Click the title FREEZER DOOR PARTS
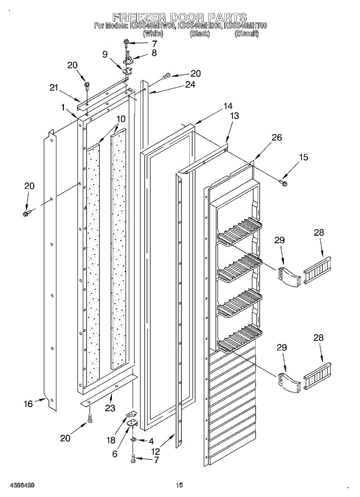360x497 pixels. [x=180, y=17]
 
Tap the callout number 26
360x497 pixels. [x=277, y=138]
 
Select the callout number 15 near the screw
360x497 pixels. [x=304, y=157]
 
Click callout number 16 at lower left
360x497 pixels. [x=28, y=403]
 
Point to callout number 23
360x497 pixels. [x=110, y=408]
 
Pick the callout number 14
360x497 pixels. [x=228, y=106]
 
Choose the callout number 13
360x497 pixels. [x=234, y=116]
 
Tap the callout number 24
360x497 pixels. [x=190, y=84]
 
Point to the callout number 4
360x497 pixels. [x=151, y=441]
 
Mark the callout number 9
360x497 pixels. [x=105, y=54]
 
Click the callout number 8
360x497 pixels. [x=154, y=53]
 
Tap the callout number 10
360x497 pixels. [x=121, y=119]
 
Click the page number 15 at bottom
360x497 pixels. [x=179, y=485]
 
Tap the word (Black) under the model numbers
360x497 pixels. [x=200, y=34]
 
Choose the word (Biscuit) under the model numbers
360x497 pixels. [x=246, y=34]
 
